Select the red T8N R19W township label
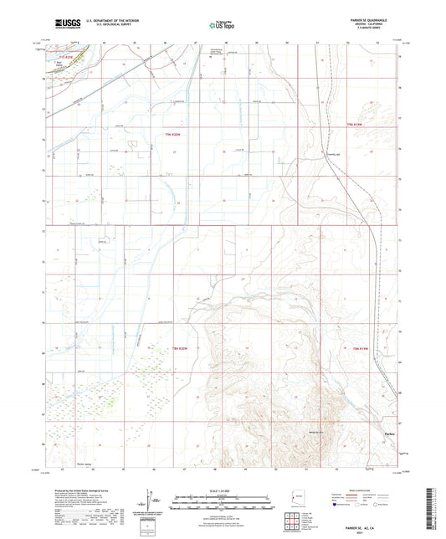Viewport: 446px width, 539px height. (x=357, y=346)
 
